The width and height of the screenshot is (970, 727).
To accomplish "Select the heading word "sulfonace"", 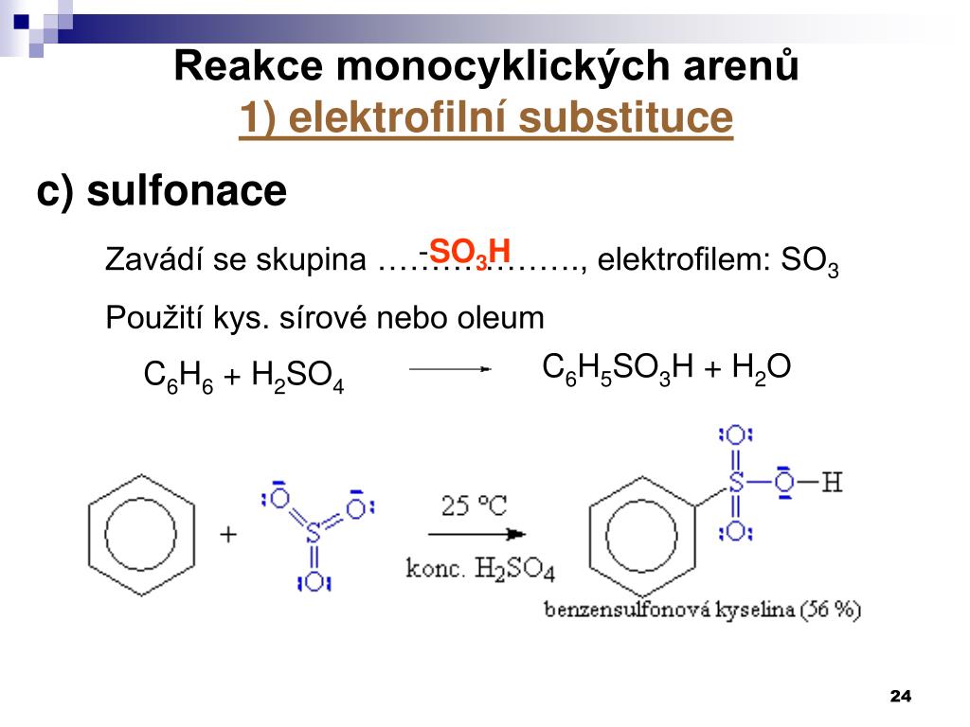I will click(187, 191).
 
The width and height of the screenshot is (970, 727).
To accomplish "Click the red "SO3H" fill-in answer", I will click(469, 252).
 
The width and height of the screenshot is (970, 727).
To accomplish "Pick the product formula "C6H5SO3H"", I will click(620, 368).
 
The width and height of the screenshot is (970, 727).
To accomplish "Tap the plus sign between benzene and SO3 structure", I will click(228, 535).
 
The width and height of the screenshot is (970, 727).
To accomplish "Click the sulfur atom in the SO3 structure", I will click(314, 536).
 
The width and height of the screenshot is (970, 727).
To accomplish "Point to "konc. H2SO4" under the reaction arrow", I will click(480, 570).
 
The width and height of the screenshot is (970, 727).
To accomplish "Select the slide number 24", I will click(900, 697).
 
